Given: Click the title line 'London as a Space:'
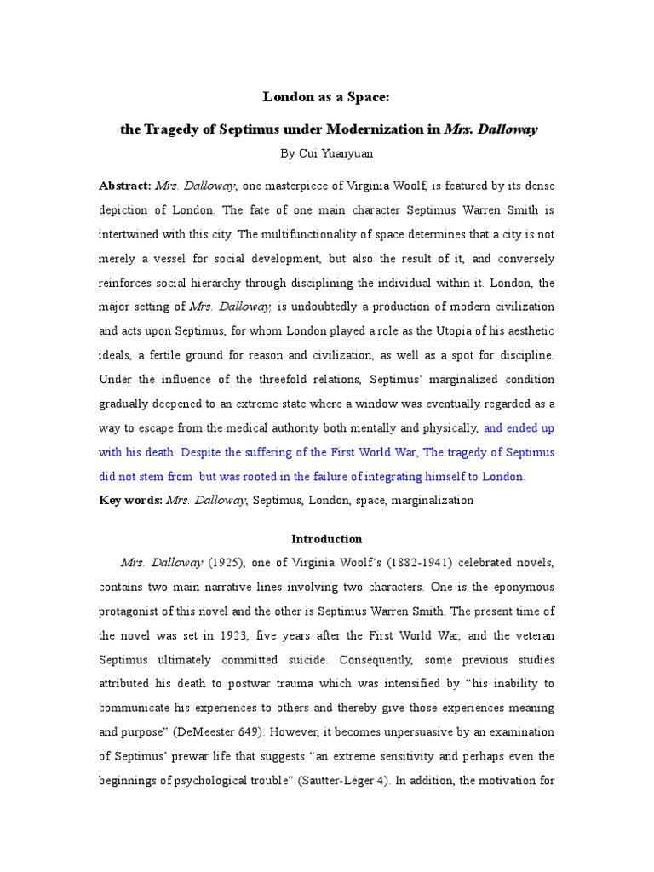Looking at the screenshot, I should point(326,98).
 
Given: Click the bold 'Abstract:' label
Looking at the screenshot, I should point(125,186).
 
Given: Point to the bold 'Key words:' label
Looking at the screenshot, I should point(130,500).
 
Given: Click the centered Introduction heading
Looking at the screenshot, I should point(326,539).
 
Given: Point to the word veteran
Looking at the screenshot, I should point(531,635).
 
